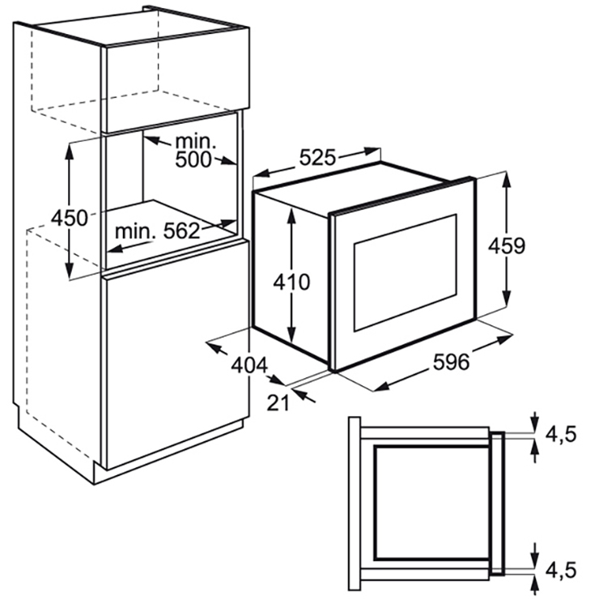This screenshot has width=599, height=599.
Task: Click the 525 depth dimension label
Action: tap(317, 157)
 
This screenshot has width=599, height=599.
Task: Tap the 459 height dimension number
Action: tap(507, 245)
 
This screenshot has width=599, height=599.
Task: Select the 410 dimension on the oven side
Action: tap(291, 283)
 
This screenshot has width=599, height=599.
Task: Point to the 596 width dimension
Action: tap(451, 361)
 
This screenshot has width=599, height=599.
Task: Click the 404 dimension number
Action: tap(249, 365)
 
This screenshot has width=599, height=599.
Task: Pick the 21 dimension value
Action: tap(278, 402)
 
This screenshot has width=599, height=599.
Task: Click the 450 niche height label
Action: tap(70, 218)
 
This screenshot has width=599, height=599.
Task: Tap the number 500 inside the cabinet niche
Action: tap(193, 159)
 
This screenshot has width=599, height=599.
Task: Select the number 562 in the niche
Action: tap(182, 231)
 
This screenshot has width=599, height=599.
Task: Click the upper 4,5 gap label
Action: tap(560, 435)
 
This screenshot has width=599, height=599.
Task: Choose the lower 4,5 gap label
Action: tap(560, 571)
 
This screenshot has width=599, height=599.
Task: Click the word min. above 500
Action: tap(196, 142)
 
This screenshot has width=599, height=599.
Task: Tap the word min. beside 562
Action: tap(135, 232)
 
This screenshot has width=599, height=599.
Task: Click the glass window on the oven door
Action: tap(406, 273)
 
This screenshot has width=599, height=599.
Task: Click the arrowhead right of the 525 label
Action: tap(372, 151)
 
